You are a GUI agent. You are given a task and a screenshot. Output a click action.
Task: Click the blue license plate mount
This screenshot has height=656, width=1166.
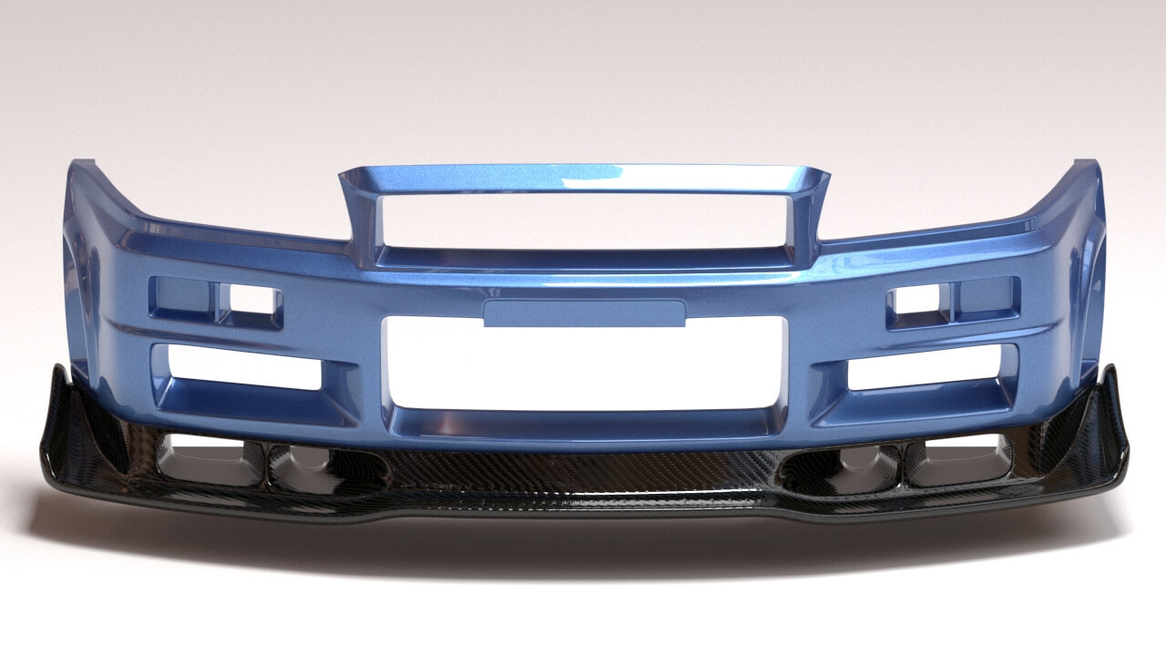tap(584, 313)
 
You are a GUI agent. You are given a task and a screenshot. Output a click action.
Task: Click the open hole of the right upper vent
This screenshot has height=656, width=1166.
tap(920, 299)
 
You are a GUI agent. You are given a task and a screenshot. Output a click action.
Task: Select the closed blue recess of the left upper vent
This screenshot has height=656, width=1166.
tap(184, 296)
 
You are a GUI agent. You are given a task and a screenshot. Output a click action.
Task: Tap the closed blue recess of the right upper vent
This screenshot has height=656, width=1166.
tap(986, 294)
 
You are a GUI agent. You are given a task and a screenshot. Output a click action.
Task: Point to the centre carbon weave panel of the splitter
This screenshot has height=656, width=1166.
tap(583, 474)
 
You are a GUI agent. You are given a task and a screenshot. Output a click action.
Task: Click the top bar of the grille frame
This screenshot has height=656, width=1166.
tap(585, 178)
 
